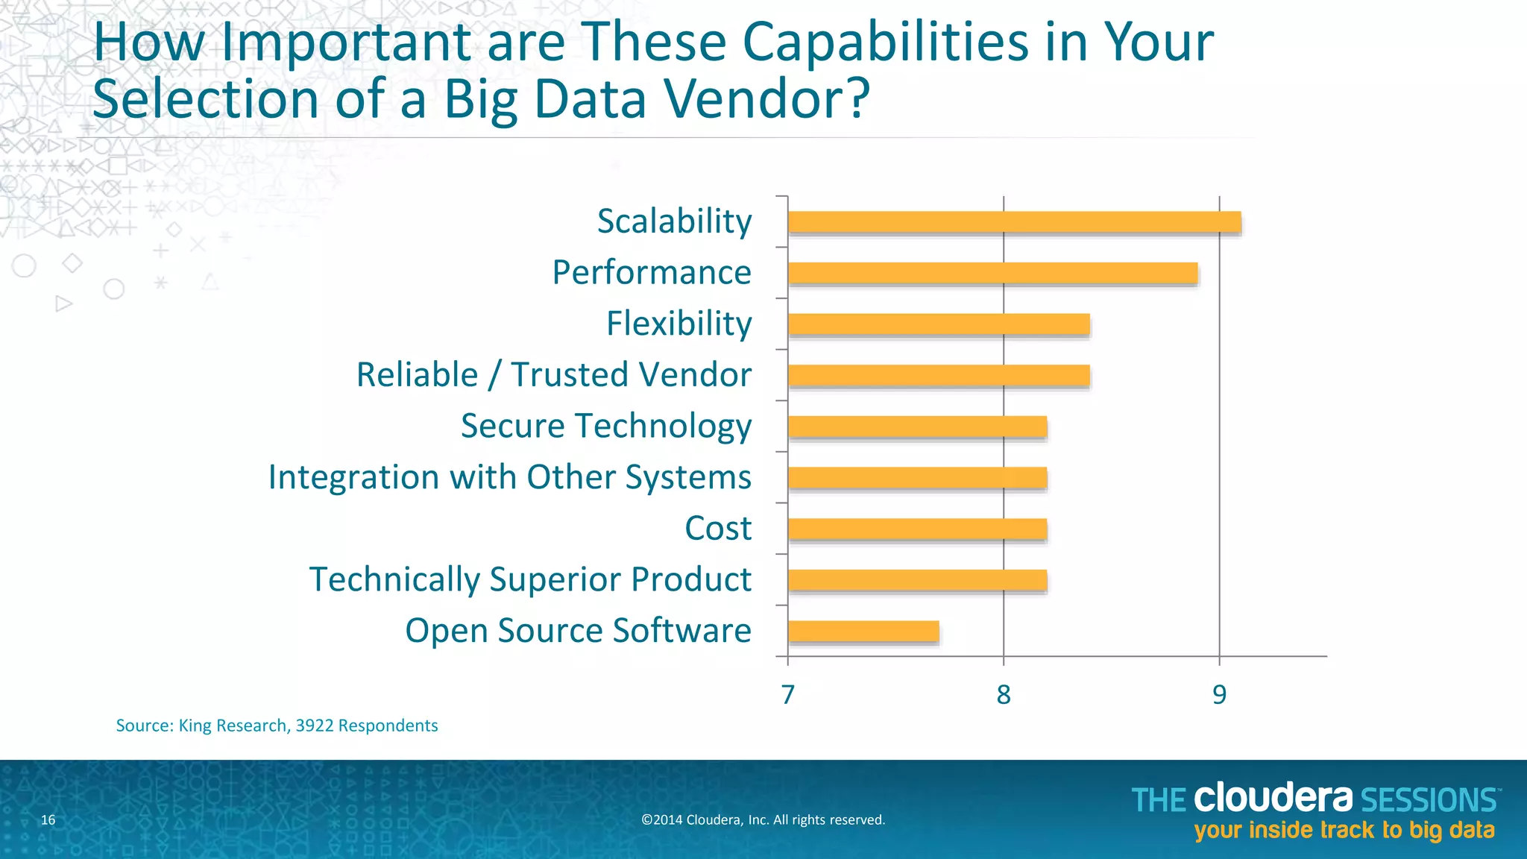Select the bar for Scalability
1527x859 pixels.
click(1014, 222)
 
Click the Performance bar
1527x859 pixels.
click(992, 273)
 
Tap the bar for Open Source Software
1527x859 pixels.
click(863, 631)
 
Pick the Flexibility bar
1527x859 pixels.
click(939, 324)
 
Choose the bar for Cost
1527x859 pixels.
click(917, 529)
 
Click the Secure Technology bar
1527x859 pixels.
click(917, 427)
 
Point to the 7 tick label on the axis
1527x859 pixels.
click(788, 695)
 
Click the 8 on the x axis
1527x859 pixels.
click(1004, 695)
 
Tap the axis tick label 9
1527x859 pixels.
click(1219, 695)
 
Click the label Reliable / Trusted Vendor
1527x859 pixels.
click(554, 375)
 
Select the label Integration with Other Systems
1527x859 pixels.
click(509, 477)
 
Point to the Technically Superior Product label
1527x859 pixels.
click(530, 579)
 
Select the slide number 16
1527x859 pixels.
click(48, 820)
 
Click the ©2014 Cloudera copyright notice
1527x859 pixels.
click(763, 820)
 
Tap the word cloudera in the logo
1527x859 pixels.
click(1273, 799)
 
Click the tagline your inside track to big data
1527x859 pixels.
click(1344, 831)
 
